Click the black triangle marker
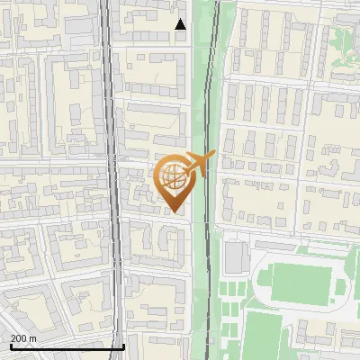180,24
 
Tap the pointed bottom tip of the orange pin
173,212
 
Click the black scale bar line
67,346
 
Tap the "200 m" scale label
23,338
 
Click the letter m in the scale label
33,338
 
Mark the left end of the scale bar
11,346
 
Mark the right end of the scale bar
123,346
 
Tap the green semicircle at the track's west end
262,283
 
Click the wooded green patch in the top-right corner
345,40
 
